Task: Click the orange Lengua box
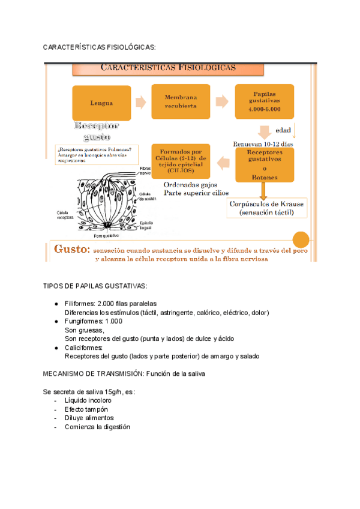point(101,103)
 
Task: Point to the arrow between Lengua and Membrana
point(140,103)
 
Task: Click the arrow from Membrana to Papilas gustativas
point(222,102)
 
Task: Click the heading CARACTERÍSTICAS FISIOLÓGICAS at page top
point(100,47)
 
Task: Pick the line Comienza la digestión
point(97,427)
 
